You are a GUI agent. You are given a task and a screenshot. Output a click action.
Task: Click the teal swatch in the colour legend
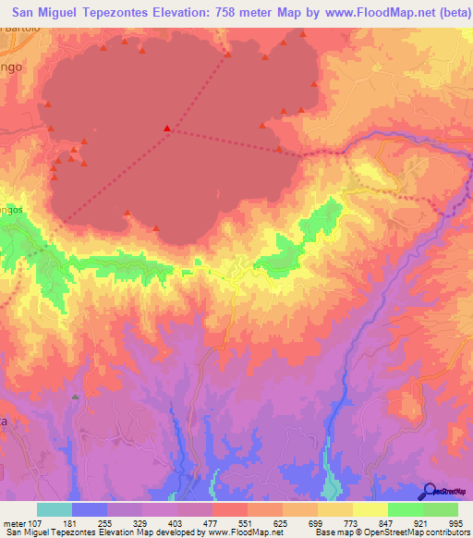point(55,509)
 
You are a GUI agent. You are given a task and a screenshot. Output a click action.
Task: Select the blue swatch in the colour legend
point(90,509)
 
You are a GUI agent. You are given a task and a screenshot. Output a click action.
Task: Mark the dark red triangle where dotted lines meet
point(166,128)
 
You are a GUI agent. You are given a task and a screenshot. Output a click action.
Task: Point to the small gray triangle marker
point(76,397)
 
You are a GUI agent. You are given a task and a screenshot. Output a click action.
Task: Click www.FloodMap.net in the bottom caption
point(247,533)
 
